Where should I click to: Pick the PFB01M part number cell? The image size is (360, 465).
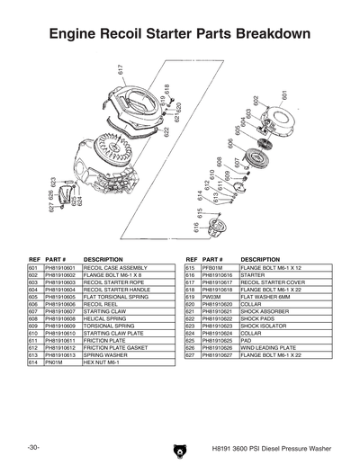tap(212, 268)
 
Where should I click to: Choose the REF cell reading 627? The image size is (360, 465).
tap(190, 354)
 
